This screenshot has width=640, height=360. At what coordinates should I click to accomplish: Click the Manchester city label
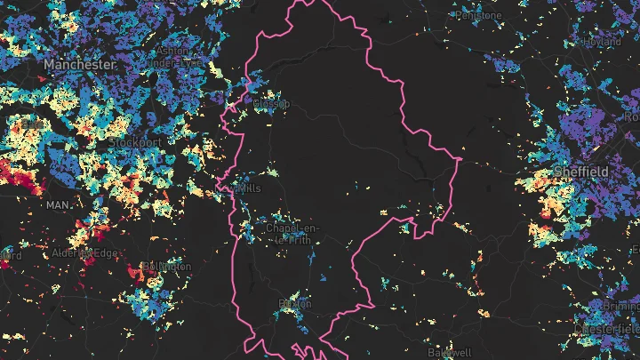79,66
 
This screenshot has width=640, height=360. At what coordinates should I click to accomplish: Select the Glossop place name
270,105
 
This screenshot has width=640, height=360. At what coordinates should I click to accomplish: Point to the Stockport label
135,142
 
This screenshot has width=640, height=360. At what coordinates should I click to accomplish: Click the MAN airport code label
58,205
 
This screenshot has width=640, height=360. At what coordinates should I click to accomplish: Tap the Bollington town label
165,267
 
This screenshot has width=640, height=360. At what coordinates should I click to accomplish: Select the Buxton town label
295,304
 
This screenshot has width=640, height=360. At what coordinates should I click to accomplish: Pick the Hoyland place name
602,42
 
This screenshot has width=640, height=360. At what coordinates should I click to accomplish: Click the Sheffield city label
581,171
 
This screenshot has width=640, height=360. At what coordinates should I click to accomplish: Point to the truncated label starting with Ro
631,116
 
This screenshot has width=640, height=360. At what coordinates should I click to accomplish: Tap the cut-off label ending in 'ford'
10,255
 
